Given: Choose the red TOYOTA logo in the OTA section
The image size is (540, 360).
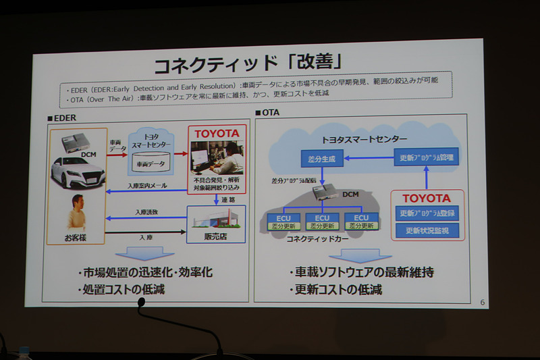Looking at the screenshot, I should click(x=426, y=198).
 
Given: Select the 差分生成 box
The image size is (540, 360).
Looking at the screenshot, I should click(x=321, y=159).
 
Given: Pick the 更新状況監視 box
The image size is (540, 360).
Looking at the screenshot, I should click(x=427, y=230).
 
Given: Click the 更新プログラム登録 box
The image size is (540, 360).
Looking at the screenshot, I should click(x=427, y=213).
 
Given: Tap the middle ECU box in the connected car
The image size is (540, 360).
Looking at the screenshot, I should click(x=322, y=222).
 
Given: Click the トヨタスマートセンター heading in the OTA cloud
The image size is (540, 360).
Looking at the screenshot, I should click(x=363, y=139).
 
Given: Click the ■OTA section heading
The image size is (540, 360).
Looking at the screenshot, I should click(x=267, y=111).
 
